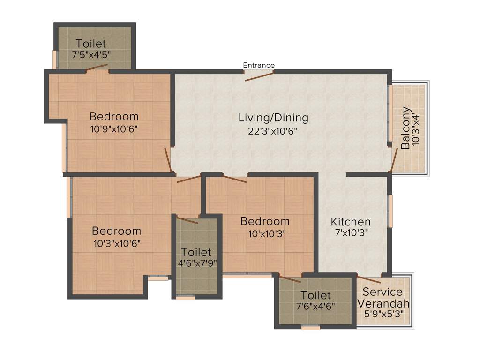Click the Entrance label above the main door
coord(259,65)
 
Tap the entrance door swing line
coord(260,75)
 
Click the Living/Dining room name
coord(273,117)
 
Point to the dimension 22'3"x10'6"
coord(273,131)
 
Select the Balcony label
coord(405,128)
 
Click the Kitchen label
coord(351,222)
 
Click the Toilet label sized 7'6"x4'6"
coord(315,295)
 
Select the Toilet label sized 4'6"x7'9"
coord(196,252)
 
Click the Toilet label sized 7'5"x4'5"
coord(91,44)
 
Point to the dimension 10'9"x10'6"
coord(114,128)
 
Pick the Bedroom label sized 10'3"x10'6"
coord(116,231)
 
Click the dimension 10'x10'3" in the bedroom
coord(265,233)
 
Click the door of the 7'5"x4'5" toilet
coord(97,68)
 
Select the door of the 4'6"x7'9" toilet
coord(187,220)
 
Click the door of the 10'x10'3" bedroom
coord(228,179)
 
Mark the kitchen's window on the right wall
coord(390,211)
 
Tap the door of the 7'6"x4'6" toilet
coord(290,280)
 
